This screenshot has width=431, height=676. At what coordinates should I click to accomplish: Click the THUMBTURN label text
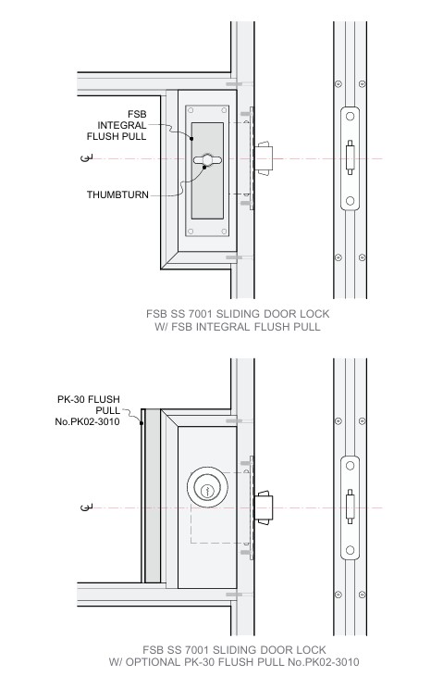(x=117, y=194)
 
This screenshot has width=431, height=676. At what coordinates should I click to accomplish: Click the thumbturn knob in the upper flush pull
(x=207, y=160)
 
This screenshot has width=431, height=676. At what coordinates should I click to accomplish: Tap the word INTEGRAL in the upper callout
(x=122, y=125)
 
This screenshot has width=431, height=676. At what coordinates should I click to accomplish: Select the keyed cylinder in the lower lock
(x=207, y=487)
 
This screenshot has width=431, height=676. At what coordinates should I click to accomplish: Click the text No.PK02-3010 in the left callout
(x=87, y=421)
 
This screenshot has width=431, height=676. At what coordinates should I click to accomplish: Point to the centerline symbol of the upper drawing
(x=86, y=157)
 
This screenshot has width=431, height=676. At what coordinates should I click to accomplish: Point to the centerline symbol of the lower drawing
(x=86, y=507)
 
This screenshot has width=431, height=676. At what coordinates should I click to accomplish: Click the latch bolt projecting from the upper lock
(x=263, y=158)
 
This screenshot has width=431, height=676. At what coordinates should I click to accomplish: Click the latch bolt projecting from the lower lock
(x=263, y=507)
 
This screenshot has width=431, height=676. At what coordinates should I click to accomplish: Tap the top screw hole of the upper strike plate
(x=350, y=117)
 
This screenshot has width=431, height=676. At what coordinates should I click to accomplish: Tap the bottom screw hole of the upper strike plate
(x=350, y=200)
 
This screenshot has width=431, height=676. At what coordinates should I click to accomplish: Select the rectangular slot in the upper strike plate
(x=350, y=157)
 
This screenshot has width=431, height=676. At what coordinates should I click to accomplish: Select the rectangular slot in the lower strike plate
(x=350, y=507)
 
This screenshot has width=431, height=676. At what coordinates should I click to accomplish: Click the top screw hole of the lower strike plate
(x=350, y=466)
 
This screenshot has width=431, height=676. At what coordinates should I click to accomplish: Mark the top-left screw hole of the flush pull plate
(x=191, y=110)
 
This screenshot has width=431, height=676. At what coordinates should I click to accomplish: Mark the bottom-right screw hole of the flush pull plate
(x=224, y=232)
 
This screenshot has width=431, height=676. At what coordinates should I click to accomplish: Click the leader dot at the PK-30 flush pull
(x=142, y=423)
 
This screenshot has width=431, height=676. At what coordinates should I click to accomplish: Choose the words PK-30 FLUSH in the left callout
(x=89, y=399)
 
